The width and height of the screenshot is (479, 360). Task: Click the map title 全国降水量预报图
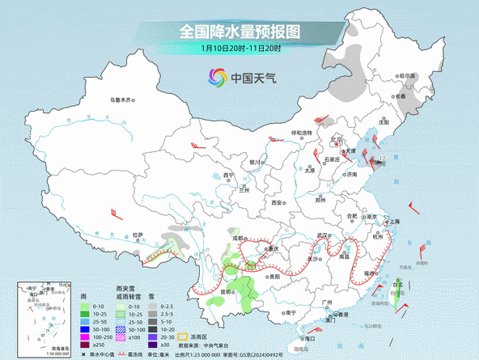point(239,32)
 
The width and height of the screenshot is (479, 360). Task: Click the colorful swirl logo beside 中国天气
point(218,78)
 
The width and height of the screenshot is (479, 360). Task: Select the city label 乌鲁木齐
point(120,100)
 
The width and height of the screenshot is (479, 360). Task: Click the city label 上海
point(395,221)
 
